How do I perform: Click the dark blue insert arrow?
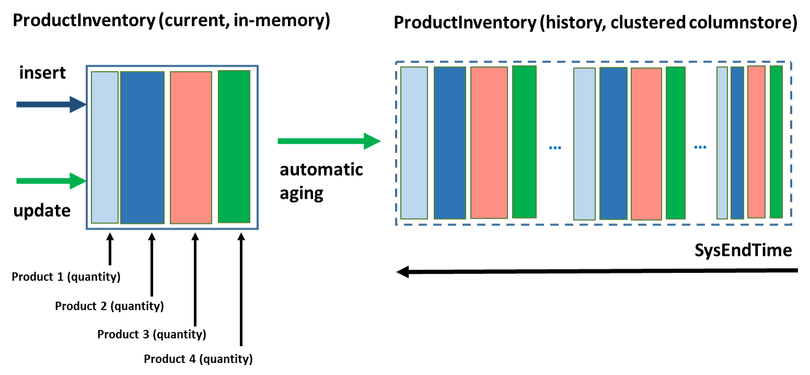[51, 105]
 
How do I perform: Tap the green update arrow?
[51, 181]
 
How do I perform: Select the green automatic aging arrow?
[329, 141]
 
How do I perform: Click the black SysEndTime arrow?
[597, 271]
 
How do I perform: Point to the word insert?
[43, 73]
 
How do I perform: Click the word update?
[42, 211]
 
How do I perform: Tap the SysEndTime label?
[743, 251]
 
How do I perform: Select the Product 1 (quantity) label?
[66, 277]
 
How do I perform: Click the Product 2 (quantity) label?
[110, 306]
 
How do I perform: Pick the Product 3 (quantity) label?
[152, 334]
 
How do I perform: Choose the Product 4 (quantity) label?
[198, 359]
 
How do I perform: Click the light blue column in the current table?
[105, 147]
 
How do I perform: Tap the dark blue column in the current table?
[143, 147]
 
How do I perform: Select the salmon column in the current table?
[191, 147]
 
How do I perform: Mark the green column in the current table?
[234, 146]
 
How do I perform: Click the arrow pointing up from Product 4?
[241, 289]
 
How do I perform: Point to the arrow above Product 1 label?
[110, 248]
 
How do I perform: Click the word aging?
[302, 194]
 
